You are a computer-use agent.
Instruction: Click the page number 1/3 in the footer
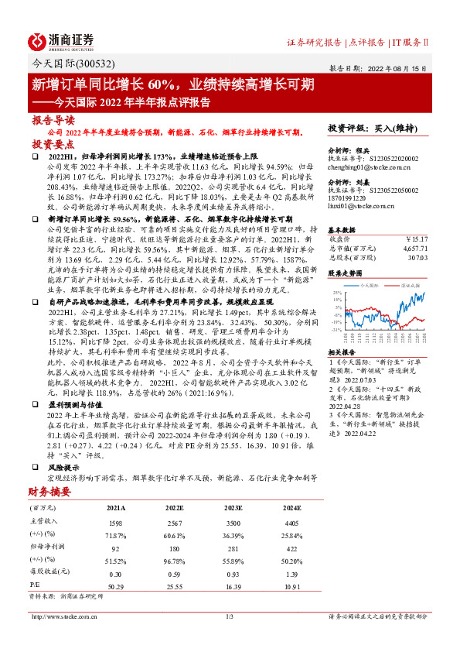[x=229, y=617]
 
